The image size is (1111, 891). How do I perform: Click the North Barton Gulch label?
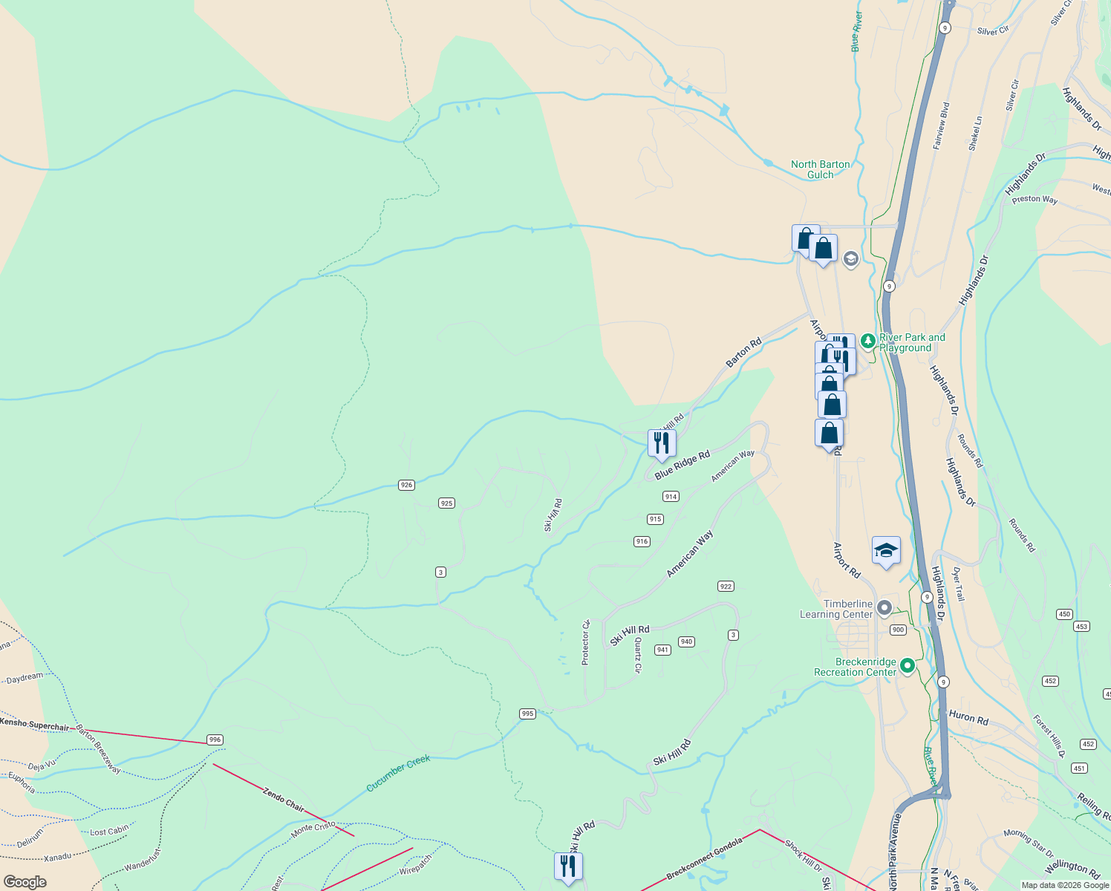coord(820,169)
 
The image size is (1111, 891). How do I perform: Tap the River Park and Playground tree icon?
coord(868,342)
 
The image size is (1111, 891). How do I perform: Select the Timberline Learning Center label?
coord(836,609)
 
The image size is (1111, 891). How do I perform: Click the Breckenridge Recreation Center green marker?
coord(907,665)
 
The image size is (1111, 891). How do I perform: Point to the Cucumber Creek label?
coord(398,773)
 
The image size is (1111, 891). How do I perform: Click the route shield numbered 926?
coord(405,485)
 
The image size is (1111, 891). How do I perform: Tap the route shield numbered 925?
coord(446,503)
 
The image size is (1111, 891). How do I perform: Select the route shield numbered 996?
coord(215,740)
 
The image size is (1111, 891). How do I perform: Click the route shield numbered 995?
coord(527,714)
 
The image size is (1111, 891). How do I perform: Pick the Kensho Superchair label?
coord(35,724)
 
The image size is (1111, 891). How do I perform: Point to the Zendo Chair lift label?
coord(283,800)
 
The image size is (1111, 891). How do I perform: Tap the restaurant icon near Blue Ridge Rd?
coord(661,443)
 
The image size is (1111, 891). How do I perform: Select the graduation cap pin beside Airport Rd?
coord(886,550)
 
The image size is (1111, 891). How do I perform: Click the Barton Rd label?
coord(743,352)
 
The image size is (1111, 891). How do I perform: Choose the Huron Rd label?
coord(968,718)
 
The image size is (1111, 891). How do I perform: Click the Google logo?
coord(25,882)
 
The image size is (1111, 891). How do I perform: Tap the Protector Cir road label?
coord(585,642)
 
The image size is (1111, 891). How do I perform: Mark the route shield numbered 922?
coord(726,587)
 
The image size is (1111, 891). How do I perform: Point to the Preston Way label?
coord(1035,199)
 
